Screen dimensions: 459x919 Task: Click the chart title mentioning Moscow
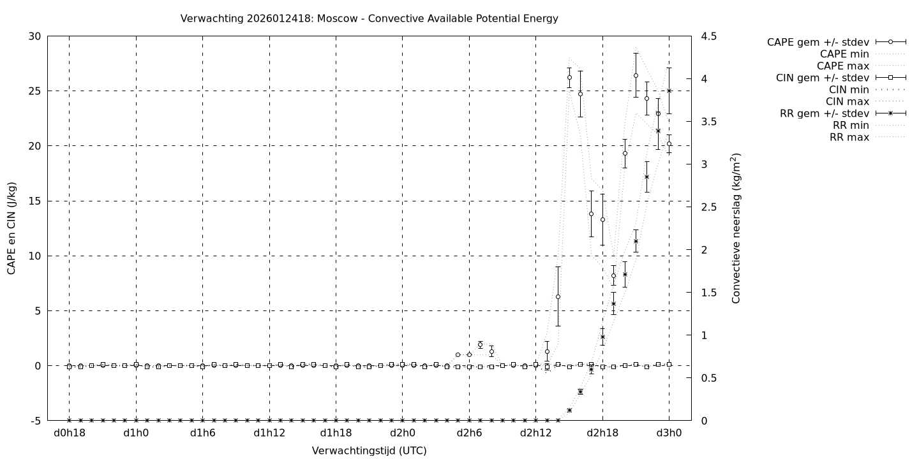(x=369, y=18)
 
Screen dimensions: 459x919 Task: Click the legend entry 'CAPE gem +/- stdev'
(x=818, y=42)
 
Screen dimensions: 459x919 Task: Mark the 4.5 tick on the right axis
(x=706, y=36)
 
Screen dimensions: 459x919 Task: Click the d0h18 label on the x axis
(x=69, y=433)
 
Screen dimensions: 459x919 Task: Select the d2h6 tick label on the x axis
(x=469, y=433)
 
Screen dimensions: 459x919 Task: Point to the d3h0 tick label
(x=669, y=433)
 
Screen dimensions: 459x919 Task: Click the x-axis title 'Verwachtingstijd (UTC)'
(x=369, y=451)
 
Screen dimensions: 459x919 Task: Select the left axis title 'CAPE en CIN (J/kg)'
(x=12, y=228)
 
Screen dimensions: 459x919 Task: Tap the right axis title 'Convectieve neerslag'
(x=736, y=228)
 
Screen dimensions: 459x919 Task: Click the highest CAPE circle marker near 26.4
(x=636, y=75)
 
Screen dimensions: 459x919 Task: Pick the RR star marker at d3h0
(x=669, y=91)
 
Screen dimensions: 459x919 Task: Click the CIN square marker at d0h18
(x=69, y=367)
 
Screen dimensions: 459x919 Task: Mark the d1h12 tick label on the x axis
(x=269, y=433)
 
